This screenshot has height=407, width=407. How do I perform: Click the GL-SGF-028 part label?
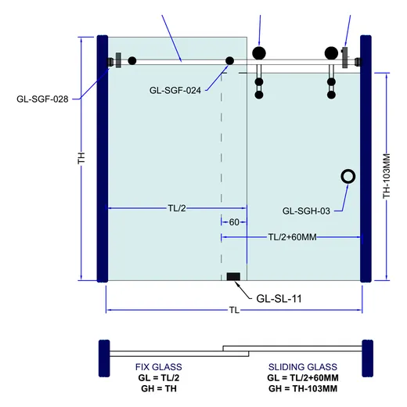(42, 99)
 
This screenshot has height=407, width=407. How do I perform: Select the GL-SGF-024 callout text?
(175, 91)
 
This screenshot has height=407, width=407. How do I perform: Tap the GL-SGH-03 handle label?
(306, 211)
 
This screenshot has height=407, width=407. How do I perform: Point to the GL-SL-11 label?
(279, 298)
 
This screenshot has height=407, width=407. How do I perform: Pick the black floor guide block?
(233, 276)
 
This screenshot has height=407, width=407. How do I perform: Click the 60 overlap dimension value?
(234, 222)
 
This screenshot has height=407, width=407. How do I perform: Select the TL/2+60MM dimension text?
(292, 237)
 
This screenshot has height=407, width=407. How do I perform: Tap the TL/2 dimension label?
(177, 208)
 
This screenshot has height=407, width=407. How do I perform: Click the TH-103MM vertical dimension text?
(387, 176)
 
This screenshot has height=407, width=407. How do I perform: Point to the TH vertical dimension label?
(81, 158)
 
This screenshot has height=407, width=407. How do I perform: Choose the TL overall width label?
(234, 310)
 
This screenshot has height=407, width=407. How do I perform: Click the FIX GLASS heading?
(159, 367)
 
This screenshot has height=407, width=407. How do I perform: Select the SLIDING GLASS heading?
(303, 367)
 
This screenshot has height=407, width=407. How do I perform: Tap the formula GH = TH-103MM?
(303, 388)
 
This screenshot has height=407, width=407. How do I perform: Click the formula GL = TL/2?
(159, 378)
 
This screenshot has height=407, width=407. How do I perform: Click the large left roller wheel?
(259, 53)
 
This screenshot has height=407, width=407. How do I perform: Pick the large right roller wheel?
(331, 53)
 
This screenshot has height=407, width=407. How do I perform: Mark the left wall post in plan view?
(104, 358)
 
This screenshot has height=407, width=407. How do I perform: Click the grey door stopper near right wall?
(345, 57)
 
